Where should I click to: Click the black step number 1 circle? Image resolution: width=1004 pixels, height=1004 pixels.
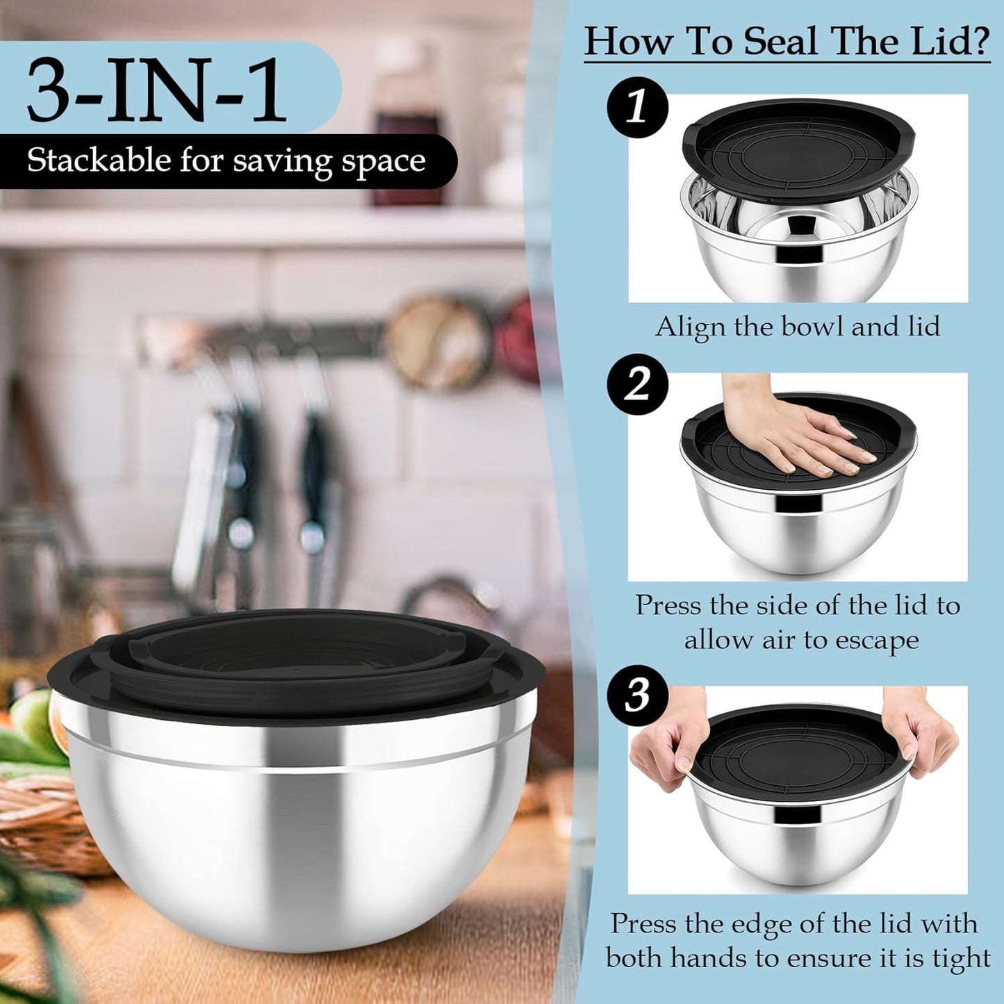(637, 108)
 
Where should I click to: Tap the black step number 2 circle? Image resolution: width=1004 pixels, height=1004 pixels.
(637, 384)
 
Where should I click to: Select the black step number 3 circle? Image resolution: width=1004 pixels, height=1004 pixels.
(637, 695)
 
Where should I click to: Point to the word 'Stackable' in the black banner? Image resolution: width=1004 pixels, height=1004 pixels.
(99, 161)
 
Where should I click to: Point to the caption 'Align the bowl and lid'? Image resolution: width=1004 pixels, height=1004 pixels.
(798, 327)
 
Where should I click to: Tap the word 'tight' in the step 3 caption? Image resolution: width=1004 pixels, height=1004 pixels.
(962, 958)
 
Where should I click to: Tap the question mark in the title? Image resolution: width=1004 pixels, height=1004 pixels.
(980, 42)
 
